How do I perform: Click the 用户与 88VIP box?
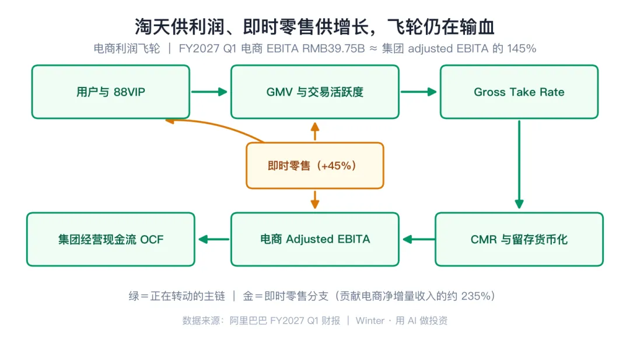pyautogui.click(x=110, y=92)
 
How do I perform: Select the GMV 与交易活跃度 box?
pyautogui.click(x=315, y=92)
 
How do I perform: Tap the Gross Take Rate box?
pyautogui.click(x=519, y=92)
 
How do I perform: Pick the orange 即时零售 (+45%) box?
pyautogui.click(x=315, y=166)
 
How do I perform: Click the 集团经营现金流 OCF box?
pyautogui.click(x=110, y=239)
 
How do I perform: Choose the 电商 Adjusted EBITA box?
pyautogui.click(x=315, y=239)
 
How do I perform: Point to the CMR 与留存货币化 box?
pyautogui.click(x=519, y=239)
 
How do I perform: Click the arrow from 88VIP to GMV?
pyautogui.click(x=209, y=92)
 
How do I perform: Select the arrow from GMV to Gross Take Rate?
pyautogui.click(x=419, y=92)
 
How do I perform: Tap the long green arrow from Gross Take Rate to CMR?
pyautogui.click(x=519, y=164)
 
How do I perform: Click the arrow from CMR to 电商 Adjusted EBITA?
pyautogui.click(x=419, y=239)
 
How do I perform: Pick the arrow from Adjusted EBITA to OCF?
pyautogui.click(x=214, y=239)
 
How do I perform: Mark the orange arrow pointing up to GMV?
pyautogui.click(x=315, y=131)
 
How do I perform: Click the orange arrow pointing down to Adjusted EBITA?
pyautogui.click(x=315, y=199)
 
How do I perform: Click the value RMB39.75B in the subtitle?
pyautogui.click(x=334, y=48)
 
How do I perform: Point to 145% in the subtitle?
pyautogui.click(x=521, y=48)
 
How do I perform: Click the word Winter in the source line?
pyautogui.click(x=370, y=320)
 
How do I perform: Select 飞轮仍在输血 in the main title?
pyautogui.click(x=441, y=27)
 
